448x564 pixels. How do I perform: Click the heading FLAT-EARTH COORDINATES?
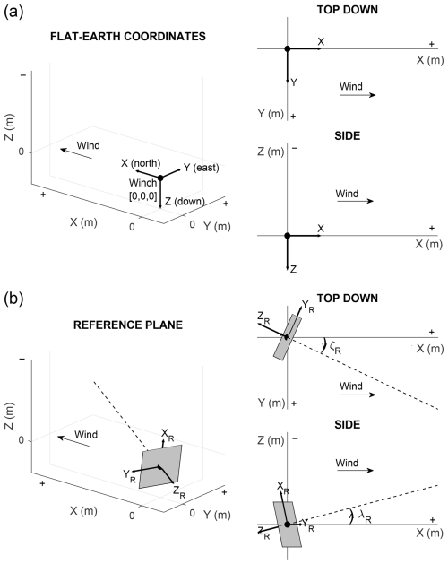click(x=128, y=37)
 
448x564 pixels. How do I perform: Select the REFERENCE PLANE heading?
click(x=128, y=325)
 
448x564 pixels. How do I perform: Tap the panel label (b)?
click(x=13, y=299)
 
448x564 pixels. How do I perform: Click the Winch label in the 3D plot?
click(x=142, y=183)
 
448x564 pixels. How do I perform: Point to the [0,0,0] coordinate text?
click(x=142, y=196)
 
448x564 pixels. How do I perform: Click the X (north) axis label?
click(x=141, y=163)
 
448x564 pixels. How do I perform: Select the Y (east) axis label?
click(x=202, y=168)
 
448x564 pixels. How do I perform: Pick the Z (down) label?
click(x=185, y=202)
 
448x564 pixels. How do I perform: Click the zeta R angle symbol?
click(x=335, y=348)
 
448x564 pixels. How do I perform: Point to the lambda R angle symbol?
click(x=365, y=516)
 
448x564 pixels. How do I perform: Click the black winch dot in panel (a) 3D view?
click(x=160, y=178)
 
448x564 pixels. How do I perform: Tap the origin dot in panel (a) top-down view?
click(x=287, y=48)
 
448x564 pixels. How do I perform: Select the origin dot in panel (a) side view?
click(x=287, y=236)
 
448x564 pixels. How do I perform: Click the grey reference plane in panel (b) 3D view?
click(x=160, y=466)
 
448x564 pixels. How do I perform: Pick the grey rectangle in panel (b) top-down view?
click(x=288, y=336)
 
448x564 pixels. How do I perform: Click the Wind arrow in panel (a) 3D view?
click(x=76, y=153)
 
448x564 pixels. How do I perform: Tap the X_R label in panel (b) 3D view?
click(x=168, y=435)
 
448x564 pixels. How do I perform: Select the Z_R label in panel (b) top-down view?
click(x=263, y=318)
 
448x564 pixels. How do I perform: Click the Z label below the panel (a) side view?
click(x=293, y=269)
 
